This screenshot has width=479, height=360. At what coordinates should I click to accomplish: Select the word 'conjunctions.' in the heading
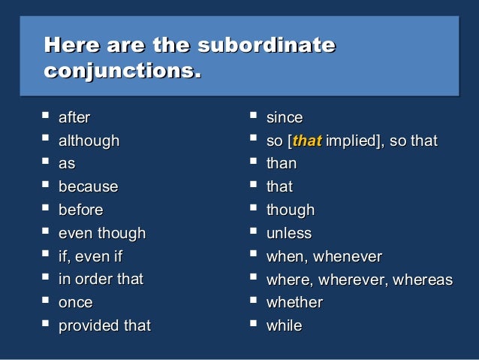tap(123, 73)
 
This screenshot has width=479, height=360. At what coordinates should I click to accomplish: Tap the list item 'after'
tap(74, 117)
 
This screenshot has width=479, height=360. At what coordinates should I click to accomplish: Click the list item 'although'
tap(89, 141)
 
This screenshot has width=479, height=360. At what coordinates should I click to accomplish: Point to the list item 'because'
tap(88, 186)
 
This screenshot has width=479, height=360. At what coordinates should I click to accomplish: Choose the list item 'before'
tap(80, 210)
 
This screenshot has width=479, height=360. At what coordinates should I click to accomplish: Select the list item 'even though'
tap(101, 233)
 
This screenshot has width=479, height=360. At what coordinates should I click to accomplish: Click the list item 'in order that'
tap(101, 279)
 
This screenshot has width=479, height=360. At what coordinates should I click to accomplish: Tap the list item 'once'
tap(75, 302)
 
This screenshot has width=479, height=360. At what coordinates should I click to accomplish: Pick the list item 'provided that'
tap(104, 325)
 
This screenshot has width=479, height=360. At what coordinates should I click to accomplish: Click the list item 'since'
tap(285, 117)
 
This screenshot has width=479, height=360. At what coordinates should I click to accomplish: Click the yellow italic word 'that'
tap(306, 141)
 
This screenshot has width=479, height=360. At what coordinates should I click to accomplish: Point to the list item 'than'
tap(282, 163)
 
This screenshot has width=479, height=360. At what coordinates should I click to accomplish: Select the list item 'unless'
tap(289, 233)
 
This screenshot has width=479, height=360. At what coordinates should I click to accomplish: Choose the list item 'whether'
tap(294, 302)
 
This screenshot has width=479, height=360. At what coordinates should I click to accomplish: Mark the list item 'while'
tap(284, 325)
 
